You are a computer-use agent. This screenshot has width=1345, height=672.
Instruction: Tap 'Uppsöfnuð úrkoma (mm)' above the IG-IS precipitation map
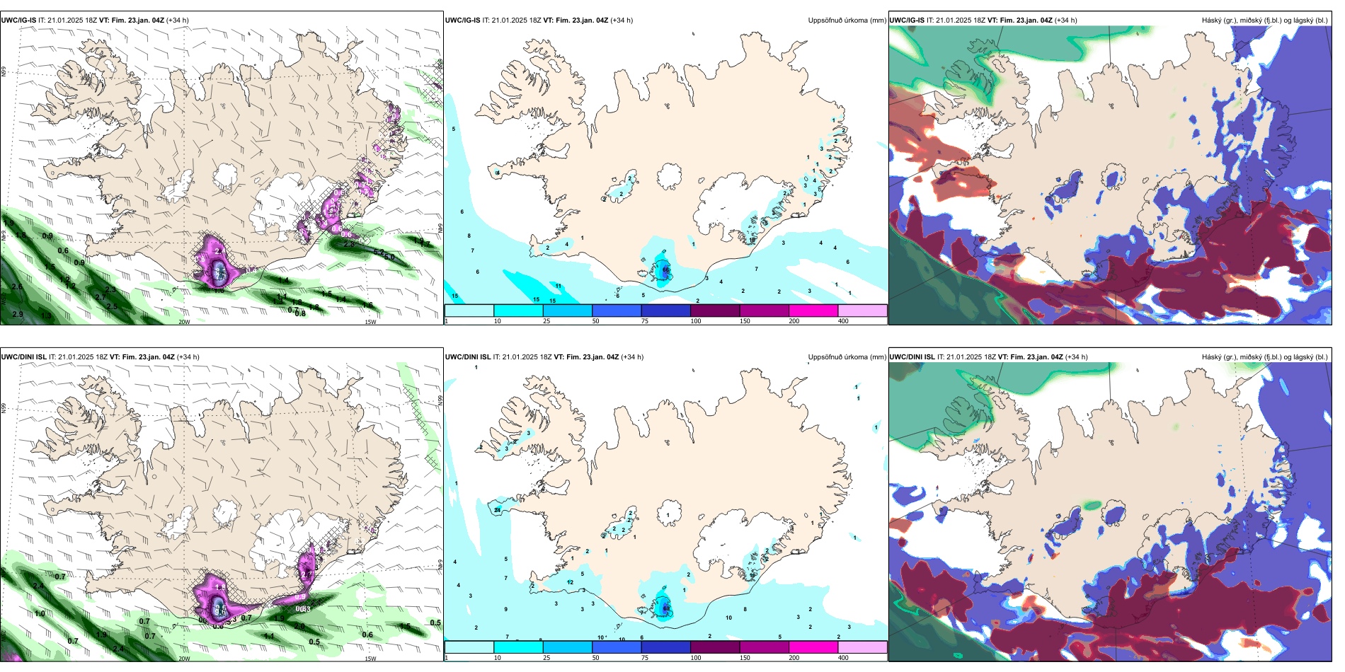click(x=847, y=21)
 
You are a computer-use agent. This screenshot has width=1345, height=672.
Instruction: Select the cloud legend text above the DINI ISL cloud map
click(x=1264, y=357)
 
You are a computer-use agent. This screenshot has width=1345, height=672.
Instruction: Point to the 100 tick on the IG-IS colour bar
click(x=696, y=321)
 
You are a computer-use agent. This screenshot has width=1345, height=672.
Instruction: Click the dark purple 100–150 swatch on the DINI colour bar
click(x=715, y=647)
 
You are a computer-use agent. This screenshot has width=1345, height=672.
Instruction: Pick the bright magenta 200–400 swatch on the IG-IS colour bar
click(x=813, y=311)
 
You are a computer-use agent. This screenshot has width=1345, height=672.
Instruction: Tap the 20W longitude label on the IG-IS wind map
click(x=184, y=322)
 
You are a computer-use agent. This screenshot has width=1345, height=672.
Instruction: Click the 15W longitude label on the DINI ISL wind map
click(x=370, y=659)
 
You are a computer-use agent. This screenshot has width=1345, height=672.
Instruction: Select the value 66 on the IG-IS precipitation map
click(x=666, y=270)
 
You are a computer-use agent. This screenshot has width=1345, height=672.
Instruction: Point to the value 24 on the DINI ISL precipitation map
click(x=498, y=510)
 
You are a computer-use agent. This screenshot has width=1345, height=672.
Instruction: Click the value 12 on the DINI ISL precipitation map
click(x=570, y=582)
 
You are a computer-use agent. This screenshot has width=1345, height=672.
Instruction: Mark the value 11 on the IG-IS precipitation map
click(x=559, y=286)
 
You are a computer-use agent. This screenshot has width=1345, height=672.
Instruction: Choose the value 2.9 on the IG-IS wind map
click(x=18, y=314)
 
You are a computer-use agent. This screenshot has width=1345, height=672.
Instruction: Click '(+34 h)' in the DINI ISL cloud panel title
click(x=1077, y=357)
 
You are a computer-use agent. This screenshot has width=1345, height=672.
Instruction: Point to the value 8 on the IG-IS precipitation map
click(x=469, y=236)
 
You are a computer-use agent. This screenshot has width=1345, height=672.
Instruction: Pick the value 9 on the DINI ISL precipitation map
click(x=505, y=609)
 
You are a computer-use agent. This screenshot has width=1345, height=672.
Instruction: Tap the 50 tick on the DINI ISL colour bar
click(x=595, y=658)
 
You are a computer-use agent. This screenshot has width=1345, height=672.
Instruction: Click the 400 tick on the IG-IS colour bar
click(x=843, y=321)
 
